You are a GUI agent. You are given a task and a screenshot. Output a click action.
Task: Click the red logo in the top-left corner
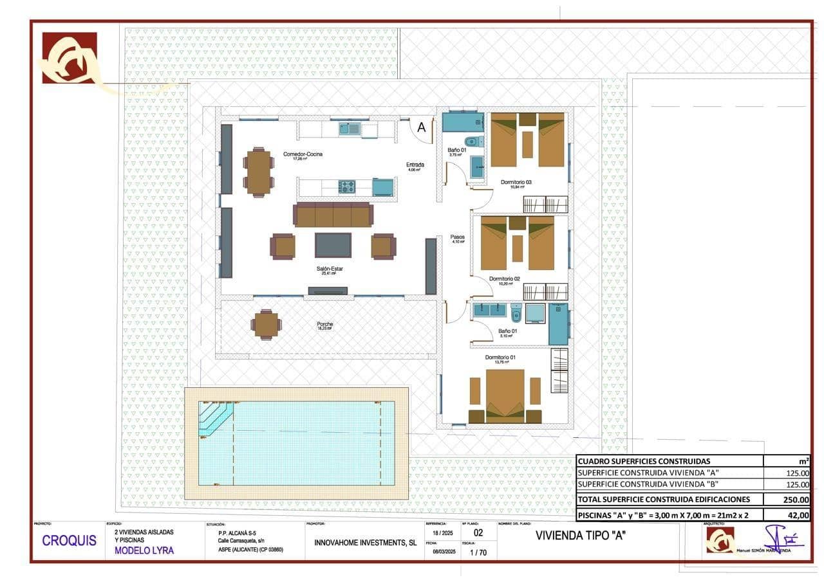(70, 58)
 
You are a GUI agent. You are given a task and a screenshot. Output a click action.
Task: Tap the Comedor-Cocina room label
(303, 154)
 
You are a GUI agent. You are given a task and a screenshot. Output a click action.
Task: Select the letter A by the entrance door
(422, 127)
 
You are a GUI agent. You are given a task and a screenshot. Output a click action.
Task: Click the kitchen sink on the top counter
(350, 129)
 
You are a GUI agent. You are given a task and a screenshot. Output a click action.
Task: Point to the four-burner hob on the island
(347, 186)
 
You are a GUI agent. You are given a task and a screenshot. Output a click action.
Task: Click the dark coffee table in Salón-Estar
(333, 245)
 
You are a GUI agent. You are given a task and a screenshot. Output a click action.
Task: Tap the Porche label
(324, 324)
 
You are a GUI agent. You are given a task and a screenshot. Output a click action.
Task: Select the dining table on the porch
(265, 324)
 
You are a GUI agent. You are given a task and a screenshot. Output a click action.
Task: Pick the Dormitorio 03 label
(516, 182)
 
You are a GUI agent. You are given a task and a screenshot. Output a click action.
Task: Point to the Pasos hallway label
(457, 237)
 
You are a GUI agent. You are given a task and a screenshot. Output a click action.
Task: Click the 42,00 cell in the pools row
(799, 514)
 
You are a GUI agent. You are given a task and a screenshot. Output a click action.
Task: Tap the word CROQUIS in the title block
(69, 541)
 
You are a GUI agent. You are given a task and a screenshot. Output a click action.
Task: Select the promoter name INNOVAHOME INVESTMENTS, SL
(365, 543)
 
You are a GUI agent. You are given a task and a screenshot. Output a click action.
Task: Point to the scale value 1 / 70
(478, 552)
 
